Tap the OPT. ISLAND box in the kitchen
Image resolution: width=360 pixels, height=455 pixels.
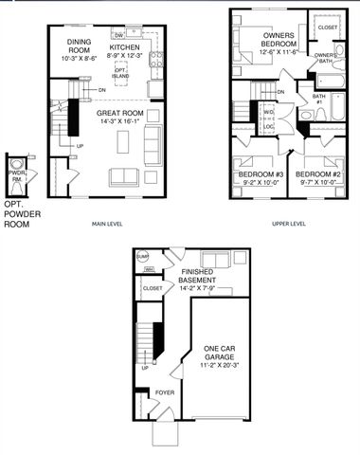pyautogui.click(x=120, y=71)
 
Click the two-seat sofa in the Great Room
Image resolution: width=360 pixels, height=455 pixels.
pyautogui.click(x=123, y=176)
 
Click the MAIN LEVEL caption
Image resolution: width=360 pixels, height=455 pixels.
pyautogui.click(x=110, y=224)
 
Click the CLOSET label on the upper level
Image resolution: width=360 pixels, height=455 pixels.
pyautogui.click(x=328, y=27)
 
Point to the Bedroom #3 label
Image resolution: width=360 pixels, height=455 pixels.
pyautogui.click(x=259, y=174)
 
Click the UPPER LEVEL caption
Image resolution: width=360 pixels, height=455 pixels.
pyautogui.click(x=288, y=224)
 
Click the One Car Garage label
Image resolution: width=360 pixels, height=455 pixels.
pyautogui.click(x=225, y=353)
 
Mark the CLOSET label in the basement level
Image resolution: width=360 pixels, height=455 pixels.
pyautogui.click(x=152, y=287)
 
